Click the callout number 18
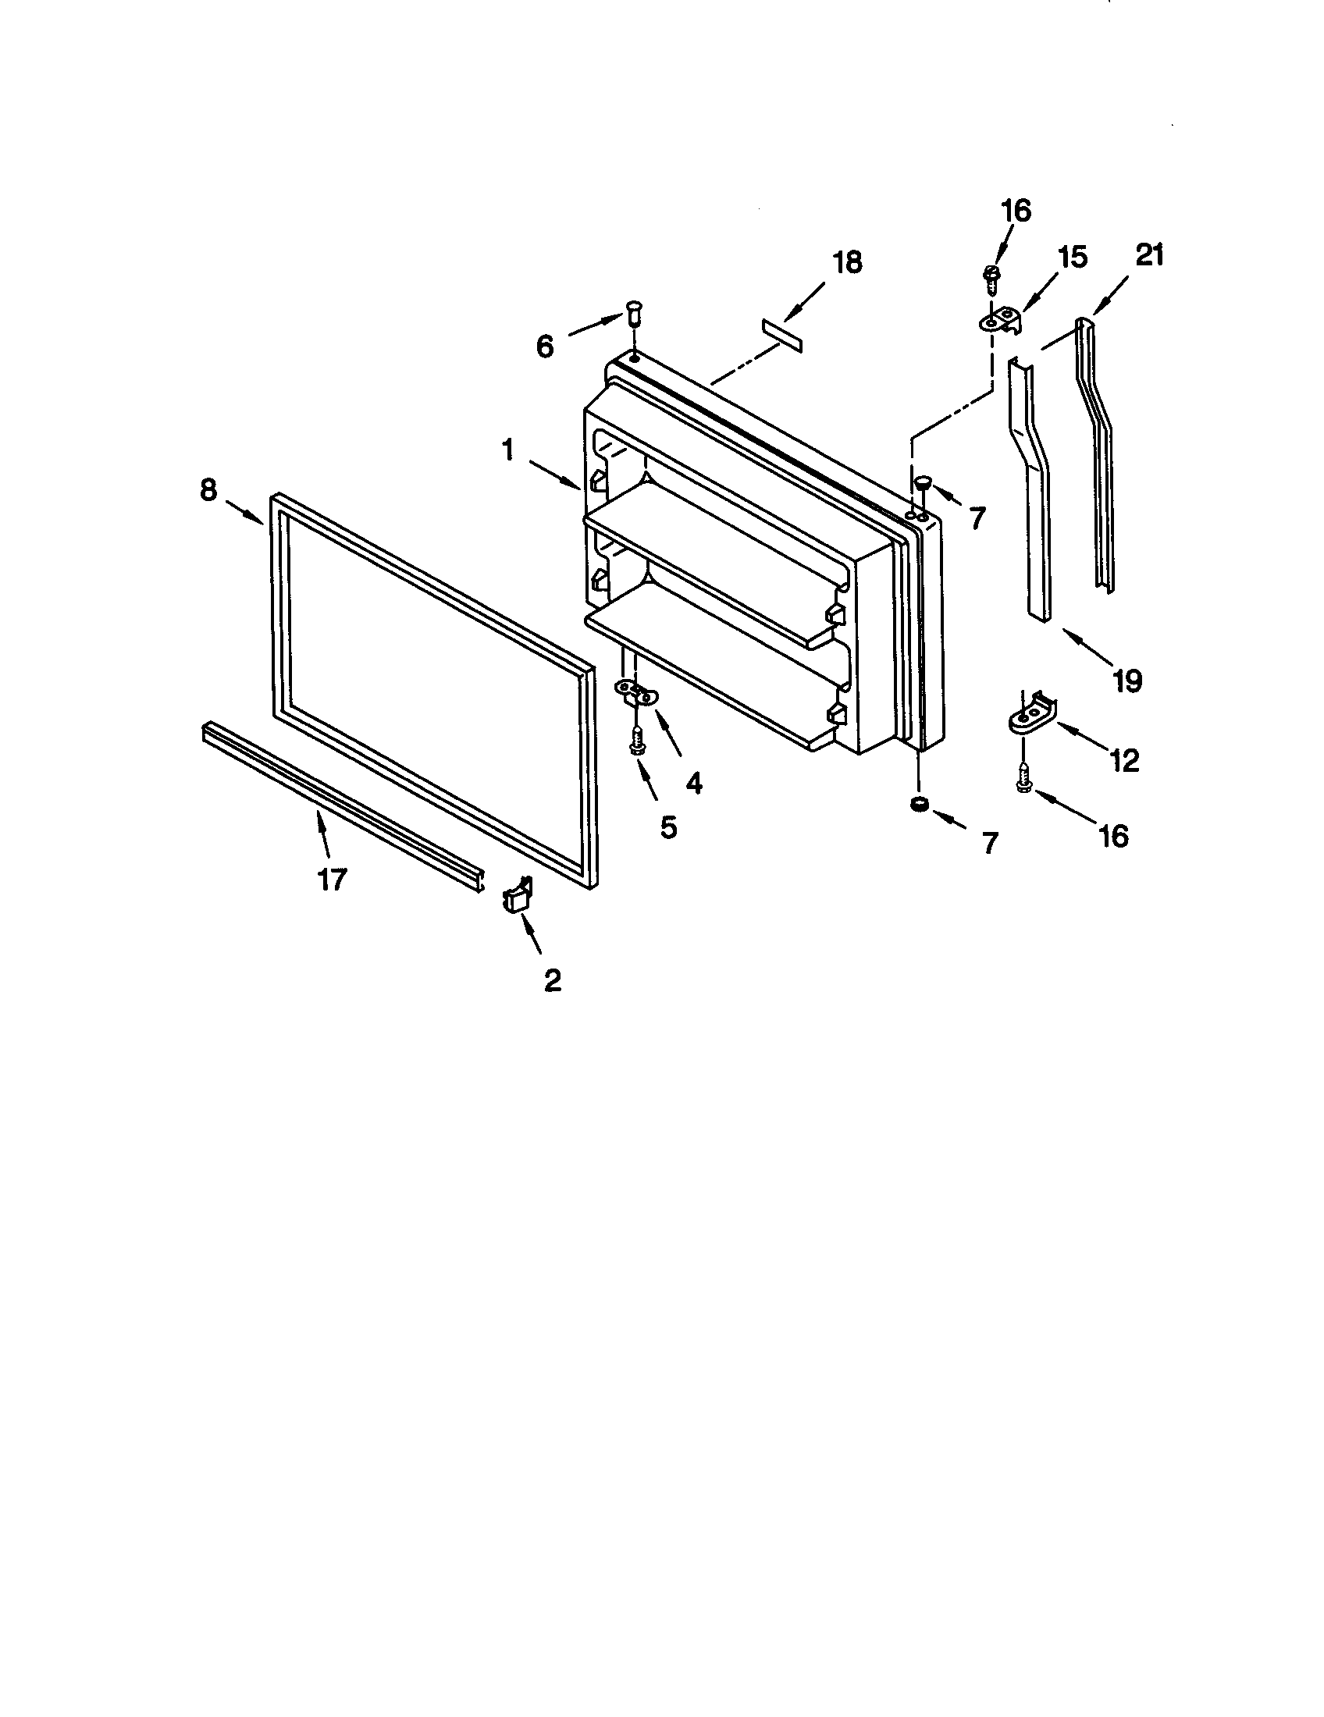(x=847, y=262)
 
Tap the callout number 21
(x=1148, y=255)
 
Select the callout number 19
(x=1126, y=680)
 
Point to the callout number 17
(x=332, y=879)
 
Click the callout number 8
(x=208, y=490)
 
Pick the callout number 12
(x=1125, y=759)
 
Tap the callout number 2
(x=553, y=979)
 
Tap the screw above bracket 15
(x=991, y=279)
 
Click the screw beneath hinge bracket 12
(x=1023, y=778)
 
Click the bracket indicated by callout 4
(x=635, y=692)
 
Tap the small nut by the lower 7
(x=916, y=804)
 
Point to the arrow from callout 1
(x=555, y=475)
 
